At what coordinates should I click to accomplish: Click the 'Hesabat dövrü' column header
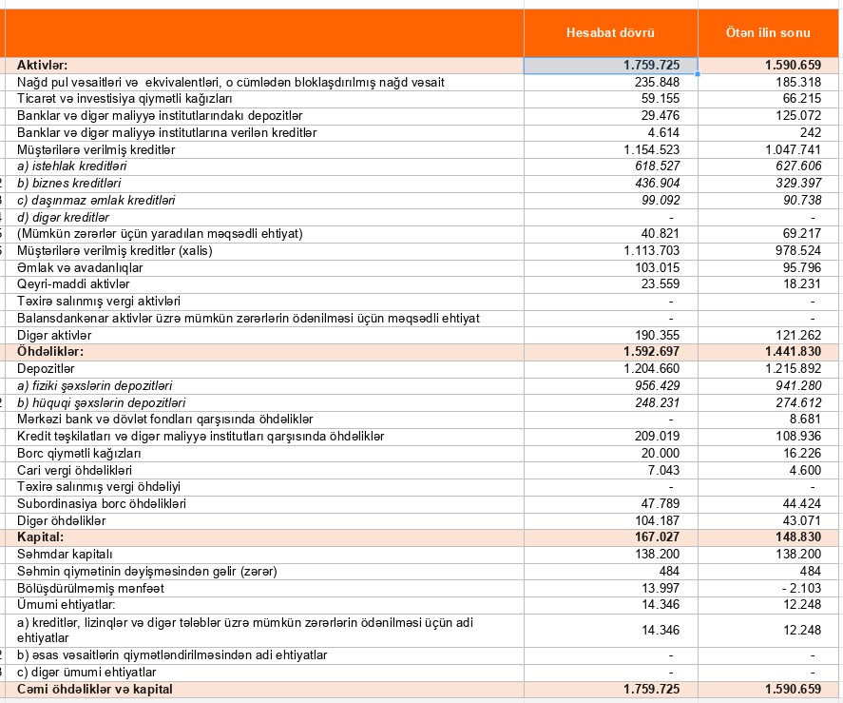point(610,33)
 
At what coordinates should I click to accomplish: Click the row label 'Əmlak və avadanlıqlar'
point(73,267)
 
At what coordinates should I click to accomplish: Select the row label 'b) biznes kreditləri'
point(69,183)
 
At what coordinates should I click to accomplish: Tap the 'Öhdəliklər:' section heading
point(50,352)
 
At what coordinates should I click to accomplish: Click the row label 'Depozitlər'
point(46,368)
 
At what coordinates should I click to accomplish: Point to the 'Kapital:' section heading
point(41,537)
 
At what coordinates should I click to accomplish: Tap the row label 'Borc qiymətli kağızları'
point(79,453)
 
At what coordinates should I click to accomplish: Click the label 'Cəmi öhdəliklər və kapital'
point(95,689)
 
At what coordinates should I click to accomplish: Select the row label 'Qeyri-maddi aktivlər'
point(73,284)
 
